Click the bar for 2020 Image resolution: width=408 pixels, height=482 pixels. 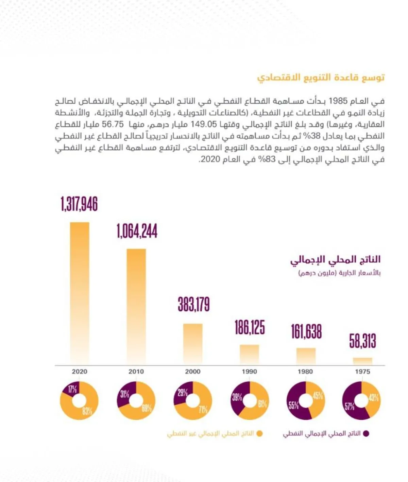coord(80,292)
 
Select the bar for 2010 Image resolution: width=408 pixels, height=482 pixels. coord(136,306)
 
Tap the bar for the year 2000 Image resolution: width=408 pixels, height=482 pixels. coord(193,343)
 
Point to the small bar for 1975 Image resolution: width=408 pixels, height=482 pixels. coord(362,361)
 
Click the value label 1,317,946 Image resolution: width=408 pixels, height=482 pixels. coord(79,204)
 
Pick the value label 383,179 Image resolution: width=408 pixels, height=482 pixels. coord(193,304)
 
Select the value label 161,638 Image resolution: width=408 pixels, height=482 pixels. coord(306,331)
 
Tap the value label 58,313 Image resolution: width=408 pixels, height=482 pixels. coord(362,341)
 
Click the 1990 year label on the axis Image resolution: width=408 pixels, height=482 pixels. coord(249,372)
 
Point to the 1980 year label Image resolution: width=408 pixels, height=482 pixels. coord(305,372)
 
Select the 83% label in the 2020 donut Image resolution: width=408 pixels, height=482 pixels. coord(87,411)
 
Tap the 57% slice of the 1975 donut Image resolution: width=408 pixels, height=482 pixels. coord(350,406)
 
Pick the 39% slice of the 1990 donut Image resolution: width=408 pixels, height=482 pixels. coord(237,397)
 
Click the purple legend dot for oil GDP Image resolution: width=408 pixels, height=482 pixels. coord(366,434)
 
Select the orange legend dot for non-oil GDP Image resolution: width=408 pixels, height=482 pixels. coord(259,434)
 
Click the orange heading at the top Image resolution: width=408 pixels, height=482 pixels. coord(321,77)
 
